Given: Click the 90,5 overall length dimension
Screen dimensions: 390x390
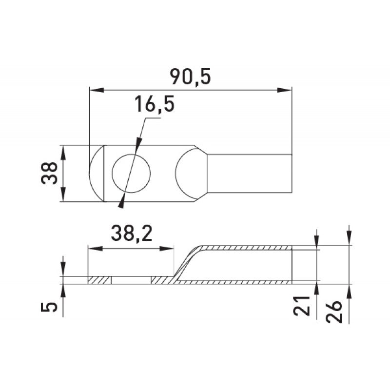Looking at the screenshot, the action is click(190, 77).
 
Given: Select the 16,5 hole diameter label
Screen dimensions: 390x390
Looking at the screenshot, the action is click(154, 104).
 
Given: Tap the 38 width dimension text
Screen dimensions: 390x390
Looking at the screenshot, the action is click(49, 173).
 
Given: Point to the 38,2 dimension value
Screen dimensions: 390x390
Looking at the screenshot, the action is click(132, 234).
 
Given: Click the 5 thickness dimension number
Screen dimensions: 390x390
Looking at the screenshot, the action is click(49, 307).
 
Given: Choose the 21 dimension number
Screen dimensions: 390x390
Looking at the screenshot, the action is click(301, 306).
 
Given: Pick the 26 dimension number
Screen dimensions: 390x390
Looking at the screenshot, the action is click(334, 312).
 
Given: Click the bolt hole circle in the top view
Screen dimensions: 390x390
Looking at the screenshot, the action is click(131, 173).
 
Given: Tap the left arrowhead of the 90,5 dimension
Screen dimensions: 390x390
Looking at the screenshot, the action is click(97, 90).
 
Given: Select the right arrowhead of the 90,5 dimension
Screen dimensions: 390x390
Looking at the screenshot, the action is click(284, 90).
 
